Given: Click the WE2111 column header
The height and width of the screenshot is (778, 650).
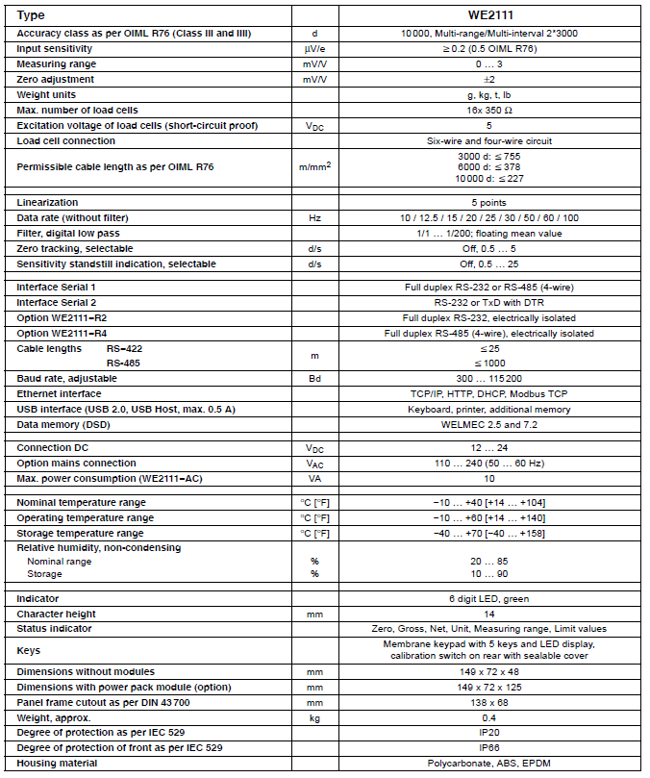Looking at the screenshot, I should (x=488, y=15).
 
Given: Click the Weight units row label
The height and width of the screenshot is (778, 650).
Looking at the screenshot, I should (x=46, y=95).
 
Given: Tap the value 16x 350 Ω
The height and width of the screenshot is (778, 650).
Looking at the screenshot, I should (x=488, y=111).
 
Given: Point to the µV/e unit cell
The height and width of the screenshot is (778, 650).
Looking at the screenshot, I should (x=313, y=48).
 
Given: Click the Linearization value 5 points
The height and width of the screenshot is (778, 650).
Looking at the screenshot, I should (x=488, y=203).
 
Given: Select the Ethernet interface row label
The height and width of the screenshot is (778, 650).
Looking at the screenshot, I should (x=59, y=393).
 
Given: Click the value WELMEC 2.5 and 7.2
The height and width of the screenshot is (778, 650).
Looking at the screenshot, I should (x=488, y=424).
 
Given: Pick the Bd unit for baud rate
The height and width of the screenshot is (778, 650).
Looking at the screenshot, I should (x=313, y=378).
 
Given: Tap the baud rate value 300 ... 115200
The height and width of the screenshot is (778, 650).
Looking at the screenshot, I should (x=488, y=378).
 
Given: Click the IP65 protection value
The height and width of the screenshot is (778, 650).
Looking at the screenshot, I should (x=488, y=747).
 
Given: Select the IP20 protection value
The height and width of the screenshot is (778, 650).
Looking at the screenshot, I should (x=488, y=732).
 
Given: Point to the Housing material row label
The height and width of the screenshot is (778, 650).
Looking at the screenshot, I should (x=57, y=763).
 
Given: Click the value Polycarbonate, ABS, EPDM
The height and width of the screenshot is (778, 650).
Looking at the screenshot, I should (x=488, y=763).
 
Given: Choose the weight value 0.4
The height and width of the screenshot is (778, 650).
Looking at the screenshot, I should (x=488, y=716).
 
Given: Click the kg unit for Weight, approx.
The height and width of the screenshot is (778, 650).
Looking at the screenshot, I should (x=313, y=716).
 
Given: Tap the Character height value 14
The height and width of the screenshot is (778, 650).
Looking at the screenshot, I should (x=488, y=614).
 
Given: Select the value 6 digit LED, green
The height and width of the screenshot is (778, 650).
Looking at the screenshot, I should (x=488, y=598).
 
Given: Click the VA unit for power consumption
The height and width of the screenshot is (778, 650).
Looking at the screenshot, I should (x=313, y=478).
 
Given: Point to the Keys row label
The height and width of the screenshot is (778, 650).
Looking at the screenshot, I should (x=29, y=650).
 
